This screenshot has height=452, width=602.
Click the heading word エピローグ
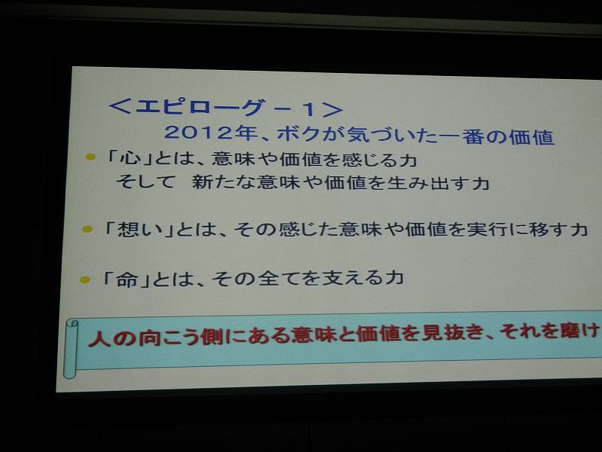pyautogui.click(x=200, y=107)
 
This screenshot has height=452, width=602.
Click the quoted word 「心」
pyautogui.click(x=129, y=157)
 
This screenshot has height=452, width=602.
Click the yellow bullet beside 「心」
pyautogui.click(x=90, y=157)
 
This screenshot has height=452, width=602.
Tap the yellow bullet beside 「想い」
pyautogui.click(x=87, y=230)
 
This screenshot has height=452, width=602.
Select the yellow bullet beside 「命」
pyautogui.click(x=85, y=279)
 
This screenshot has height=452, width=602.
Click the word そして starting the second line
pyautogui.click(x=145, y=182)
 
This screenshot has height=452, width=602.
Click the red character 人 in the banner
pyautogui.click(x=99, y=339)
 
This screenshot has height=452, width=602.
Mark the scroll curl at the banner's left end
pyautogui.click(x=70, y=349)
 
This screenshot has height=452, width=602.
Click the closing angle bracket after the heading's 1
pyautogui.click(x=333, y=109)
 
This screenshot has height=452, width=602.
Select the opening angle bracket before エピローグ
pyautogui.click(x=120, y=106)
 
